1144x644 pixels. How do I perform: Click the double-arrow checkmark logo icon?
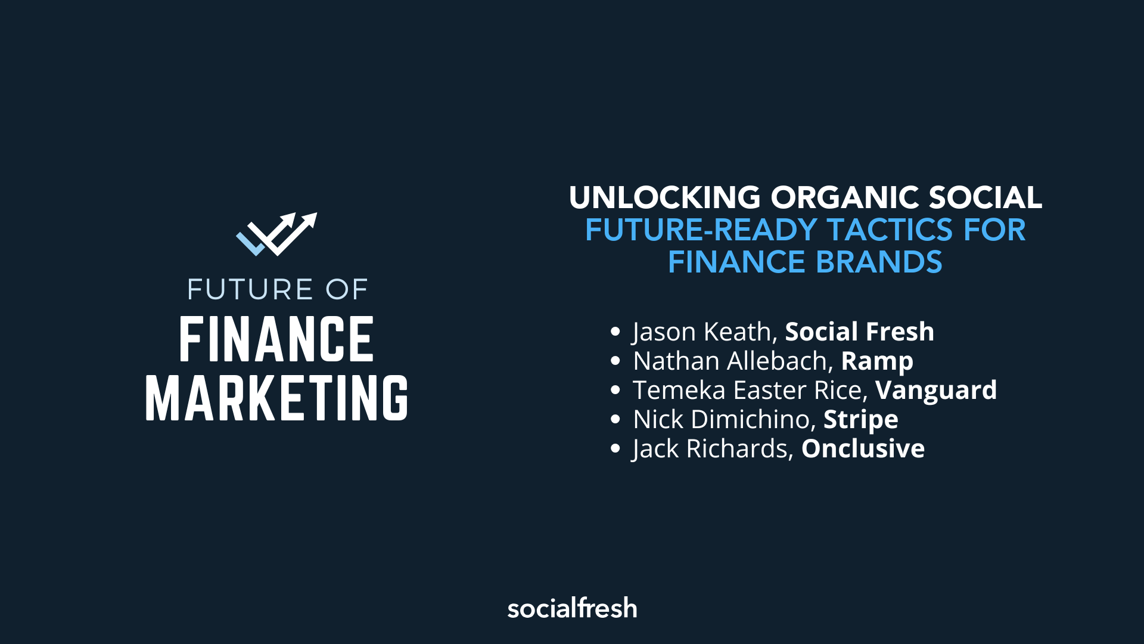[x=276, y=234]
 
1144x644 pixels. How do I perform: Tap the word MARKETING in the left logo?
[x=276, y=398]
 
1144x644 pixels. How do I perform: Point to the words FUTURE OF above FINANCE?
[x=277, y=290]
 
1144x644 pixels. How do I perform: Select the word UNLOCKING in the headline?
[x=664, y=197]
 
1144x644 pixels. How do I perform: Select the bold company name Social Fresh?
[x=859, y=332]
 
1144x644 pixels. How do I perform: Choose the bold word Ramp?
[x=877, y=361]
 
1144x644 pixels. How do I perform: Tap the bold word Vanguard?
[x=936, y=390]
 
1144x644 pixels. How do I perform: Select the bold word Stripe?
[x=860, y=420]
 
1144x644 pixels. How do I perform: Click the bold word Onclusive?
[x=863, y=448]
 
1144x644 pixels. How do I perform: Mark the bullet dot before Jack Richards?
[x=615, y=448]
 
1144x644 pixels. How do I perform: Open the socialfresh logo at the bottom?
[x=572, y=608]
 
